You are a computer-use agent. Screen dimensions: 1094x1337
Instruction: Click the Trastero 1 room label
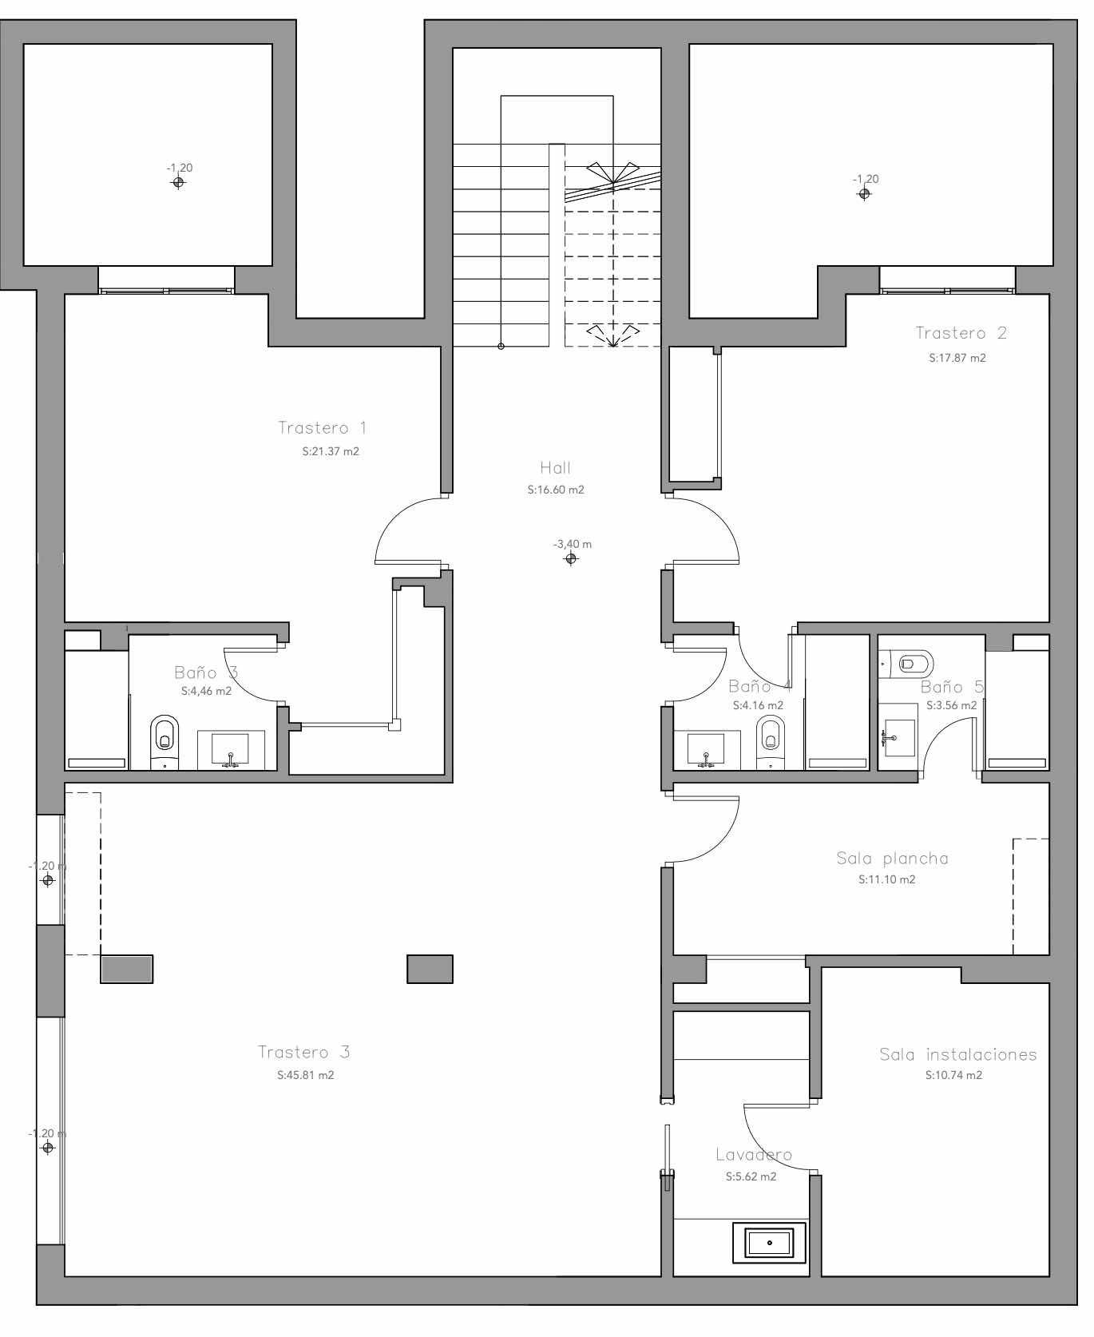tap(323, 428)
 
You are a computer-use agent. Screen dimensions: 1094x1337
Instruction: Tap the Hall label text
tap(556, 468)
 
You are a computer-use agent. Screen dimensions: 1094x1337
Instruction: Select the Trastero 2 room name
tap(961, 333)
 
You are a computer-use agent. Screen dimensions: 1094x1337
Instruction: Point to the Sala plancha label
tap(893, 859)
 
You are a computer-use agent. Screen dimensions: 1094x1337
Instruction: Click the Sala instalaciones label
tap(958, 1054)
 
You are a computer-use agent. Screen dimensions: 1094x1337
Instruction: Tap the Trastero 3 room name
tap(304, 1052)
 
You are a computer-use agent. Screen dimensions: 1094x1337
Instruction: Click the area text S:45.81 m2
tap(306, 1075)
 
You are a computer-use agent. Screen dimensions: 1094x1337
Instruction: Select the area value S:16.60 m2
tap(556, 490)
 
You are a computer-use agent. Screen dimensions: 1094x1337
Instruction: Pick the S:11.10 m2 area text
tap(887, 879)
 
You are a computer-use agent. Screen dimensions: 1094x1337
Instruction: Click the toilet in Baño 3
tap(164, 742)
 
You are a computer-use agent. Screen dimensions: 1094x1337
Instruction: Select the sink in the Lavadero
tap(769, 1243)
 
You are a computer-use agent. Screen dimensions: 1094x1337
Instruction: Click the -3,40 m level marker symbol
tap(570, 558)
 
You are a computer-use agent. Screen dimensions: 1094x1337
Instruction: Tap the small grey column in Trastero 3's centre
tap(430, 969)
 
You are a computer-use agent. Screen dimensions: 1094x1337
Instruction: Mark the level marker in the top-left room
tap(178, 182)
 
